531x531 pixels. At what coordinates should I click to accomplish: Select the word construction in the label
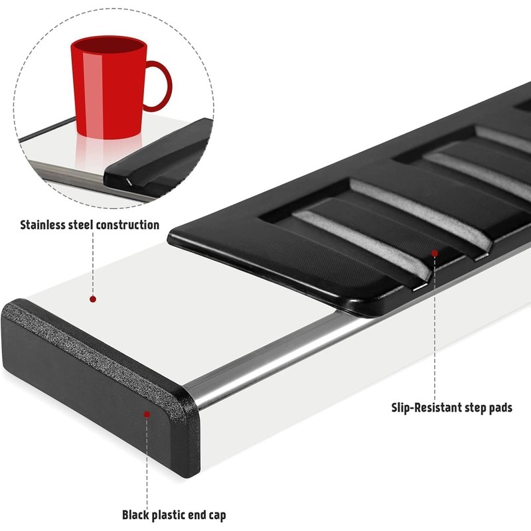(127, 225)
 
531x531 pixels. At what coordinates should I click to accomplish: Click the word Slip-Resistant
(428, 408)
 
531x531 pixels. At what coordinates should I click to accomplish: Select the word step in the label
(473, 408)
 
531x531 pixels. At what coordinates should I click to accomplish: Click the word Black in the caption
(136, 514)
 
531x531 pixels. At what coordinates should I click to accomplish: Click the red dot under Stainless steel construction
(93, 299)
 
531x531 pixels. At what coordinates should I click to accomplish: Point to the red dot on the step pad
(434, 253)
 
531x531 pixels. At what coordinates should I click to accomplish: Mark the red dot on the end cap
(147, 414)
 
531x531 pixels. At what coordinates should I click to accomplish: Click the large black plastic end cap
(100, 385)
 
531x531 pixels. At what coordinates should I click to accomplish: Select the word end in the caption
(203, 514)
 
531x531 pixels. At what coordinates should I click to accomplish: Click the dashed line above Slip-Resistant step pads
(435, 332)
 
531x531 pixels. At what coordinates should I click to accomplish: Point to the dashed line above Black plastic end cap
(147, 465)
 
